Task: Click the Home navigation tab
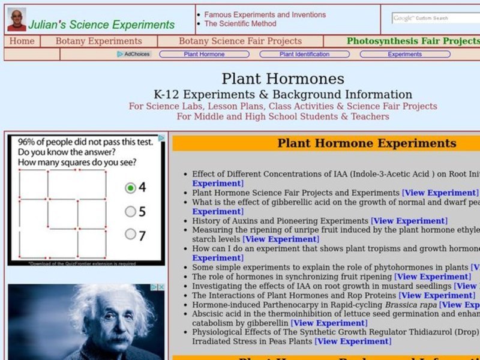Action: point(22,41)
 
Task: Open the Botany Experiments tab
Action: point(98,41)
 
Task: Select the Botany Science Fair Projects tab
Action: point(240,41)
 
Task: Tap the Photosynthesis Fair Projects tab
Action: point(413,41)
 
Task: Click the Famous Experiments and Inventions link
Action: point(265,14)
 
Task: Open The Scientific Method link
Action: point(240,24)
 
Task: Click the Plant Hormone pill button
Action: point(204,54)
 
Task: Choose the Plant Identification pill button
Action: point(304,54)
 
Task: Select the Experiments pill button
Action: point(404,54)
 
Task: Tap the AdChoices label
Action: point(134,54)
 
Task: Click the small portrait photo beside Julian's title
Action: point(16,20)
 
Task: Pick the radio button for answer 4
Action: point(130,188)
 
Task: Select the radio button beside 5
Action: point(130,211)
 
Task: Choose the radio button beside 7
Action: point(130,235)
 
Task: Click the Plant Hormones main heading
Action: point(283,79)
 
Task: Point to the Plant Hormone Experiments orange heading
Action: point(367,143)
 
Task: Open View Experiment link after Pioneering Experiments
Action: point(409,221)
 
